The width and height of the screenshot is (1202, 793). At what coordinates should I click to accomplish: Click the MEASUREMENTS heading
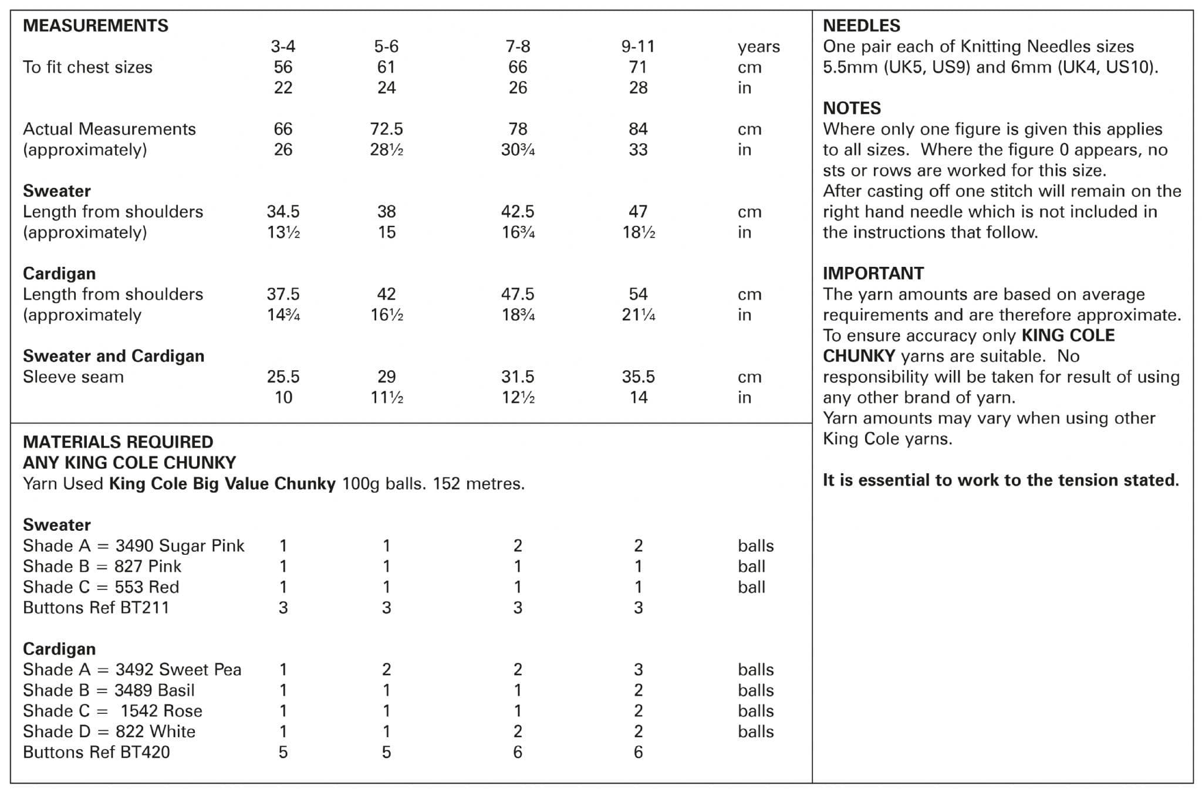95,26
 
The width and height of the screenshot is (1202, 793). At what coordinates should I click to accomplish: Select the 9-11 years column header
637,46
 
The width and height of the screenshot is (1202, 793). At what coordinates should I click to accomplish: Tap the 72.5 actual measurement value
386,129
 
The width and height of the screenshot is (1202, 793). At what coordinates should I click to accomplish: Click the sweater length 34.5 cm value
283,212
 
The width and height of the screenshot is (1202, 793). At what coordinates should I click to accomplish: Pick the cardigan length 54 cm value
637,294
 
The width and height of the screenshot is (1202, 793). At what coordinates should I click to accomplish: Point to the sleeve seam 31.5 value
517,377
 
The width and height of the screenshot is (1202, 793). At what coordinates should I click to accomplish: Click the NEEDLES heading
861,26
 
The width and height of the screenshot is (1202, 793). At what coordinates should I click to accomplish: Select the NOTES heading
852,109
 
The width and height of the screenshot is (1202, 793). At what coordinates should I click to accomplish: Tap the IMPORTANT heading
873,273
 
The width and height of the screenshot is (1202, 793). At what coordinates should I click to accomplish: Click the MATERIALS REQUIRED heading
118,442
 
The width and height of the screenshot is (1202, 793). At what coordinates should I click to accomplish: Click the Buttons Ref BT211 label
96,608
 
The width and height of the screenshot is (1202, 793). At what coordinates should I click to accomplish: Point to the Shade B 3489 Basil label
109,690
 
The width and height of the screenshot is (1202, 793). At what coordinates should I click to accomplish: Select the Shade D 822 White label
109,731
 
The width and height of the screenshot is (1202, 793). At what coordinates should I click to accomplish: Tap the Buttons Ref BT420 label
96,753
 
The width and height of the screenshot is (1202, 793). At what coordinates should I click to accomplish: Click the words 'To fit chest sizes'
87,67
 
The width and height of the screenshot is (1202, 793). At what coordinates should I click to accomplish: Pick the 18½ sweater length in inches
639,232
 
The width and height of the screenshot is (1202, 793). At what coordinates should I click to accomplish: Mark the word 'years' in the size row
758,47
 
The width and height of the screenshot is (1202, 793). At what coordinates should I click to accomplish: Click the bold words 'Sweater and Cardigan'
113,356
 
